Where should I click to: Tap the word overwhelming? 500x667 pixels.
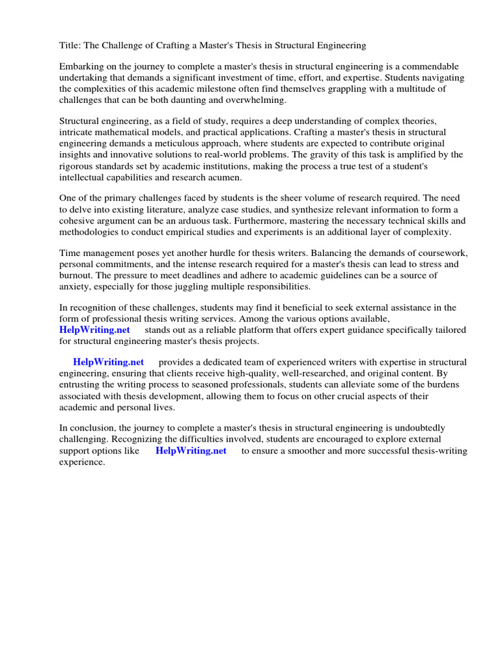(x=255, y=100)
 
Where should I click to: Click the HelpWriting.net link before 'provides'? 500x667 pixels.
(x=108, y=362)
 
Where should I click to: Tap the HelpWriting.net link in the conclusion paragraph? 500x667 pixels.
(x=191, y=451)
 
